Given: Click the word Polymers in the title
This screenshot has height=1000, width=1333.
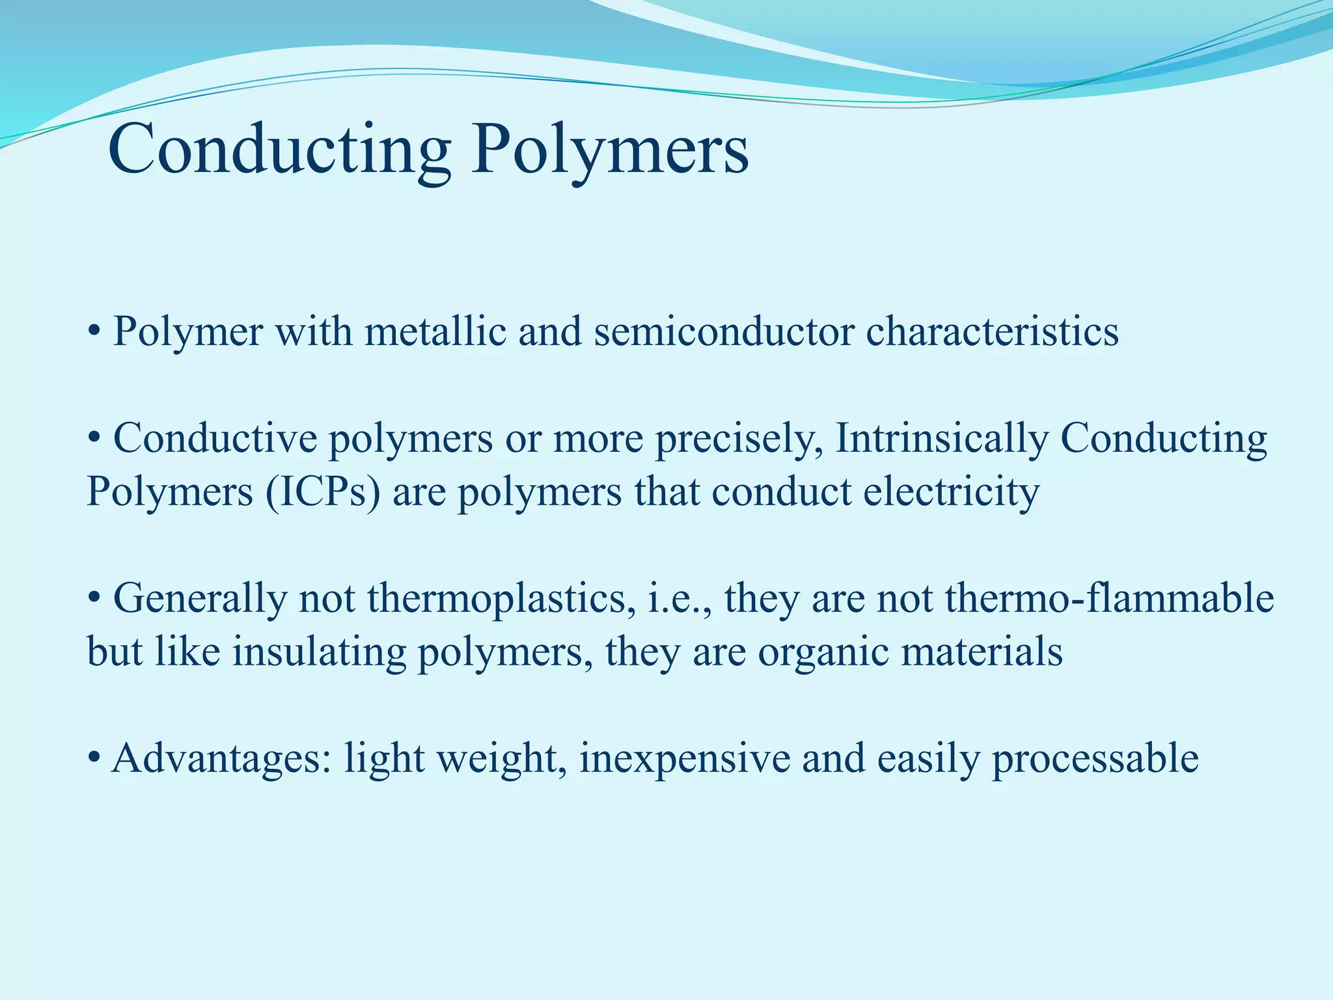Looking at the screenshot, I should click(x=610, y=151).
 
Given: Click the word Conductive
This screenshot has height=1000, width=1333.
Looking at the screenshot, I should click(x=215, y=437).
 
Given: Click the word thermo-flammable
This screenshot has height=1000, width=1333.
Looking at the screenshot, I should click(x=1109, y=598).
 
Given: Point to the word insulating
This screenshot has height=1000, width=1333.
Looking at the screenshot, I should click(x=319, y=651).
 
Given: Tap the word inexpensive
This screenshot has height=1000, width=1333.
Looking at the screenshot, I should click(x=683, y=759).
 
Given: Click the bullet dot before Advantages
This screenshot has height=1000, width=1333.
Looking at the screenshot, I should click(x=94, y=759).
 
